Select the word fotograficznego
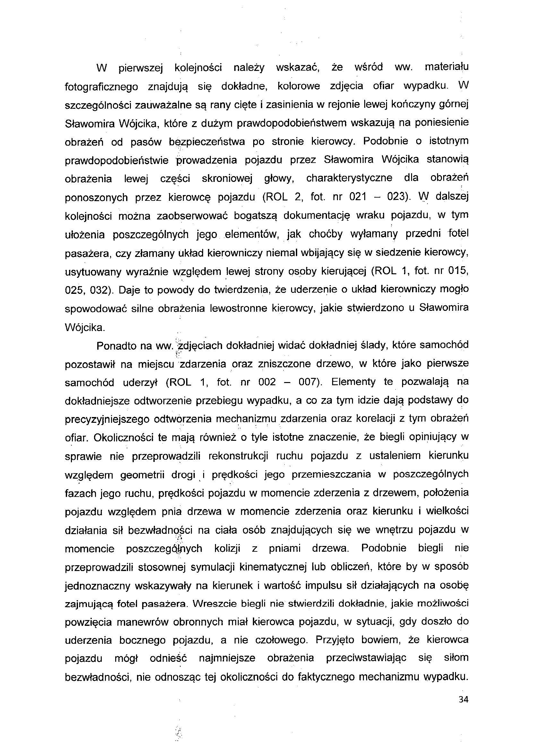[x=101, y=87]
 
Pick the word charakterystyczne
[x=349, y=178]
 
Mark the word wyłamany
[x=374, y=234]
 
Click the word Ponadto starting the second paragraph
[x=117, y=346]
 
